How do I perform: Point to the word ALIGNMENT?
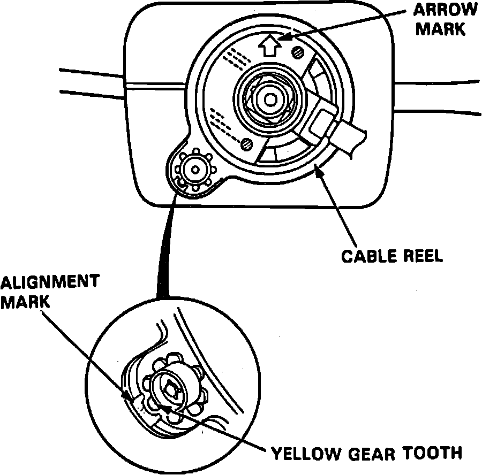click(49, 282)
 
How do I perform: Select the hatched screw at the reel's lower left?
click(246, 143)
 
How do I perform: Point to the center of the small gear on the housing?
click(194, 170)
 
